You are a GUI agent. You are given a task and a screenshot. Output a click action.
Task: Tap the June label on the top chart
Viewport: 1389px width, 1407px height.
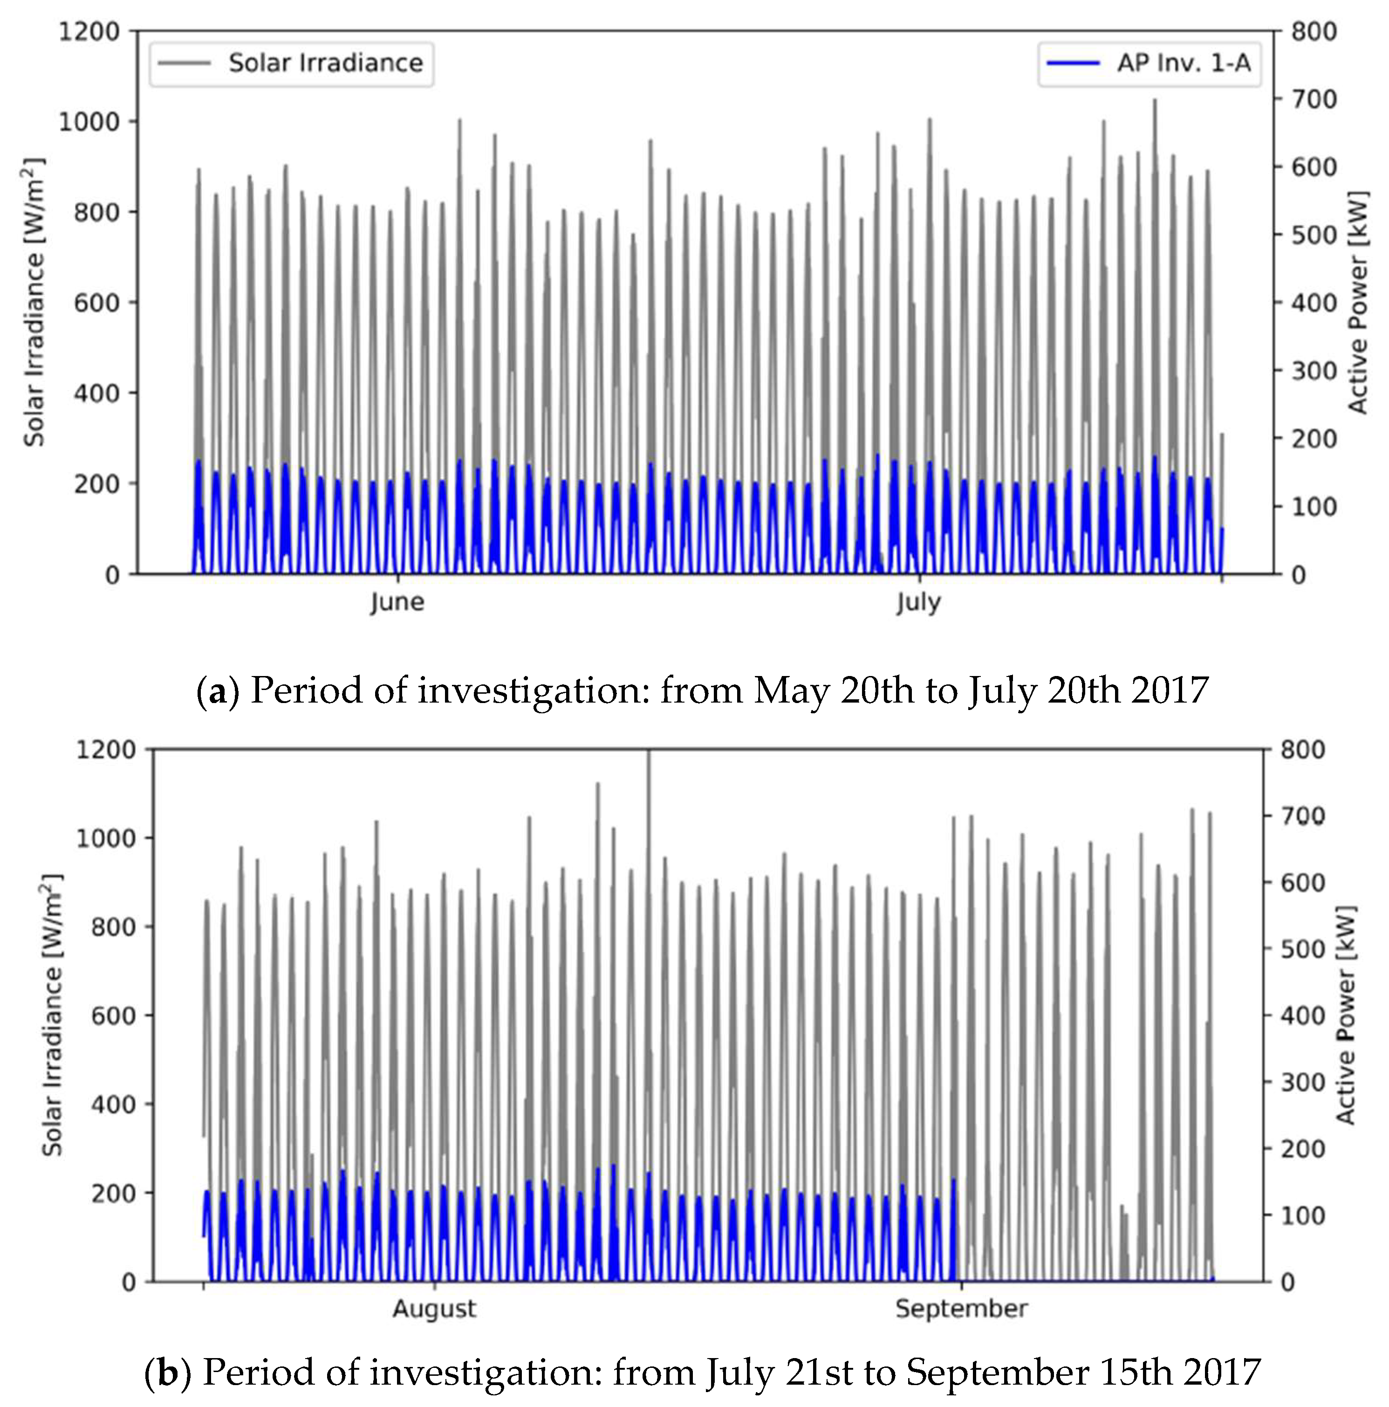tap(397, 603)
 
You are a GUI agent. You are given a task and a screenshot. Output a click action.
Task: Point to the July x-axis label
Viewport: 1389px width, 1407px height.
tap(918, 603)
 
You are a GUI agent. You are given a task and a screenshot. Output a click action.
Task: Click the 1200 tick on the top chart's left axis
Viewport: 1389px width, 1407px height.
tap(89, 32)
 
